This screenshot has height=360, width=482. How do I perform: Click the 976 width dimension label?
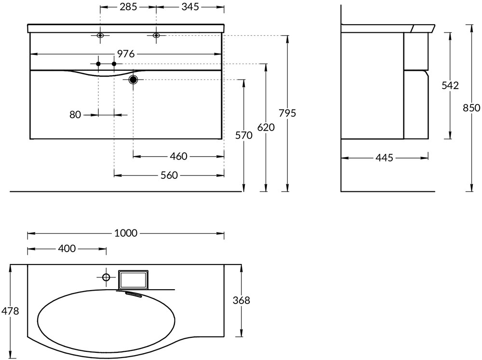click(126, 54)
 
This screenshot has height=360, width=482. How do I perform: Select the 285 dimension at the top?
click(128, 7)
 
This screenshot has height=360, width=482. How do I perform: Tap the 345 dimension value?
click(190, 7)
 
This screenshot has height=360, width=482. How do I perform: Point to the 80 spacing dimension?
click(75, 115)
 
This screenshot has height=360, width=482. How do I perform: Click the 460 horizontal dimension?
click(178, 156)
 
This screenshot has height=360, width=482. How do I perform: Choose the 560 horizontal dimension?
click(169, 175)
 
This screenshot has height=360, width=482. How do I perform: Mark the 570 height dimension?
click(244, 135)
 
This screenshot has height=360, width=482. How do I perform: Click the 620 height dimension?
click(266, 127)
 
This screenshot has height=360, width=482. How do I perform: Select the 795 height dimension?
click(287, 113)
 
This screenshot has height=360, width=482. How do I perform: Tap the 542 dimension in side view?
click(450, 85)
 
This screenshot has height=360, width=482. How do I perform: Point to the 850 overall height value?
click(471, 108)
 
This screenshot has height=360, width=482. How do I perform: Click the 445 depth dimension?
click(384, 158)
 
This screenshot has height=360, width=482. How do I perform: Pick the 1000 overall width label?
click(126, 234)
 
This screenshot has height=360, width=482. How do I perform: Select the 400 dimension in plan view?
click(67, 249)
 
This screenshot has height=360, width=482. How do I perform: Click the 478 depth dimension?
click(10, 311)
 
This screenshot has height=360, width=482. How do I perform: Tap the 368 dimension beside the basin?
click(241, 300)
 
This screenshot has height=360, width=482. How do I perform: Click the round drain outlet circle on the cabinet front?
click(134, 80)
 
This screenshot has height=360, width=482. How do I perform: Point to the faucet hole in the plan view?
click(106, 277)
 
